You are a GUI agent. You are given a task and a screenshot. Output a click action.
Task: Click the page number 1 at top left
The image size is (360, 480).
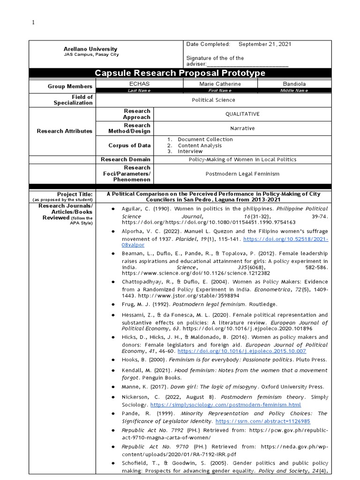[x=33, y=22]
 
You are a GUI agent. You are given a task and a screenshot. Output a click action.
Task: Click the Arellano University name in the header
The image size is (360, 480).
[x=90, y=49]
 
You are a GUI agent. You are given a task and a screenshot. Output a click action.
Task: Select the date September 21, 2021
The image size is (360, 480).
[x=265, y=44]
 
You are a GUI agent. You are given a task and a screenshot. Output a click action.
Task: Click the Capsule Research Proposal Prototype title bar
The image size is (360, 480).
[x=180, y=73]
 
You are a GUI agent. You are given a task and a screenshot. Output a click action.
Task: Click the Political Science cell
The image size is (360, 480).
[x=213, y=100]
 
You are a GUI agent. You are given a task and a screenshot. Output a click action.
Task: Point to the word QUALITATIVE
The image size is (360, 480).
[x=242, y=114]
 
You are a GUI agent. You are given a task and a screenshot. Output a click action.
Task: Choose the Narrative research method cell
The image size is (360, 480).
[x=242, y=128]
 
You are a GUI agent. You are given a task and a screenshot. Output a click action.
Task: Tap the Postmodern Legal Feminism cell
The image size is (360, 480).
[x=242, y=173]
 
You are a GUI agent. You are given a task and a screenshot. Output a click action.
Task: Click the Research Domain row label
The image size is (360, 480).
[x=126, y=159]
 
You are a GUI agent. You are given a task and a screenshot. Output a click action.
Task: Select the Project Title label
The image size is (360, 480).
[x=75, y=194]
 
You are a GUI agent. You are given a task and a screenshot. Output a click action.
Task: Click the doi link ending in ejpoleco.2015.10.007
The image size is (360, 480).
[x=242, y=351]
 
